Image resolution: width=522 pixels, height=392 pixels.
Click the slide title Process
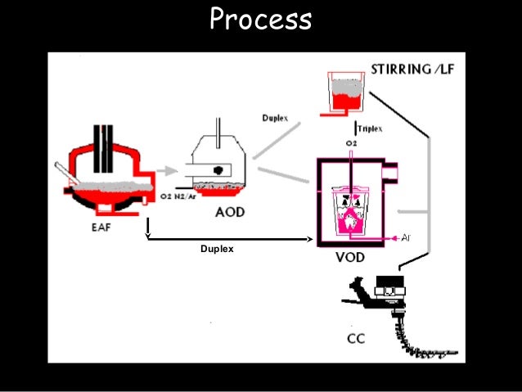click(260, 20)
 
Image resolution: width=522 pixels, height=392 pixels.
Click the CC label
click(356, 338)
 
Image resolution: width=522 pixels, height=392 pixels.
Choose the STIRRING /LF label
click(412, 69)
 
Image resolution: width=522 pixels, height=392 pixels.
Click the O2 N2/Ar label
click(178, 197)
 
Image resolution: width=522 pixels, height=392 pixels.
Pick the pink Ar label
click(407, 237)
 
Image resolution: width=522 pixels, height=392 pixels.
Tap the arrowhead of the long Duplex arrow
click(311, 239)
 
